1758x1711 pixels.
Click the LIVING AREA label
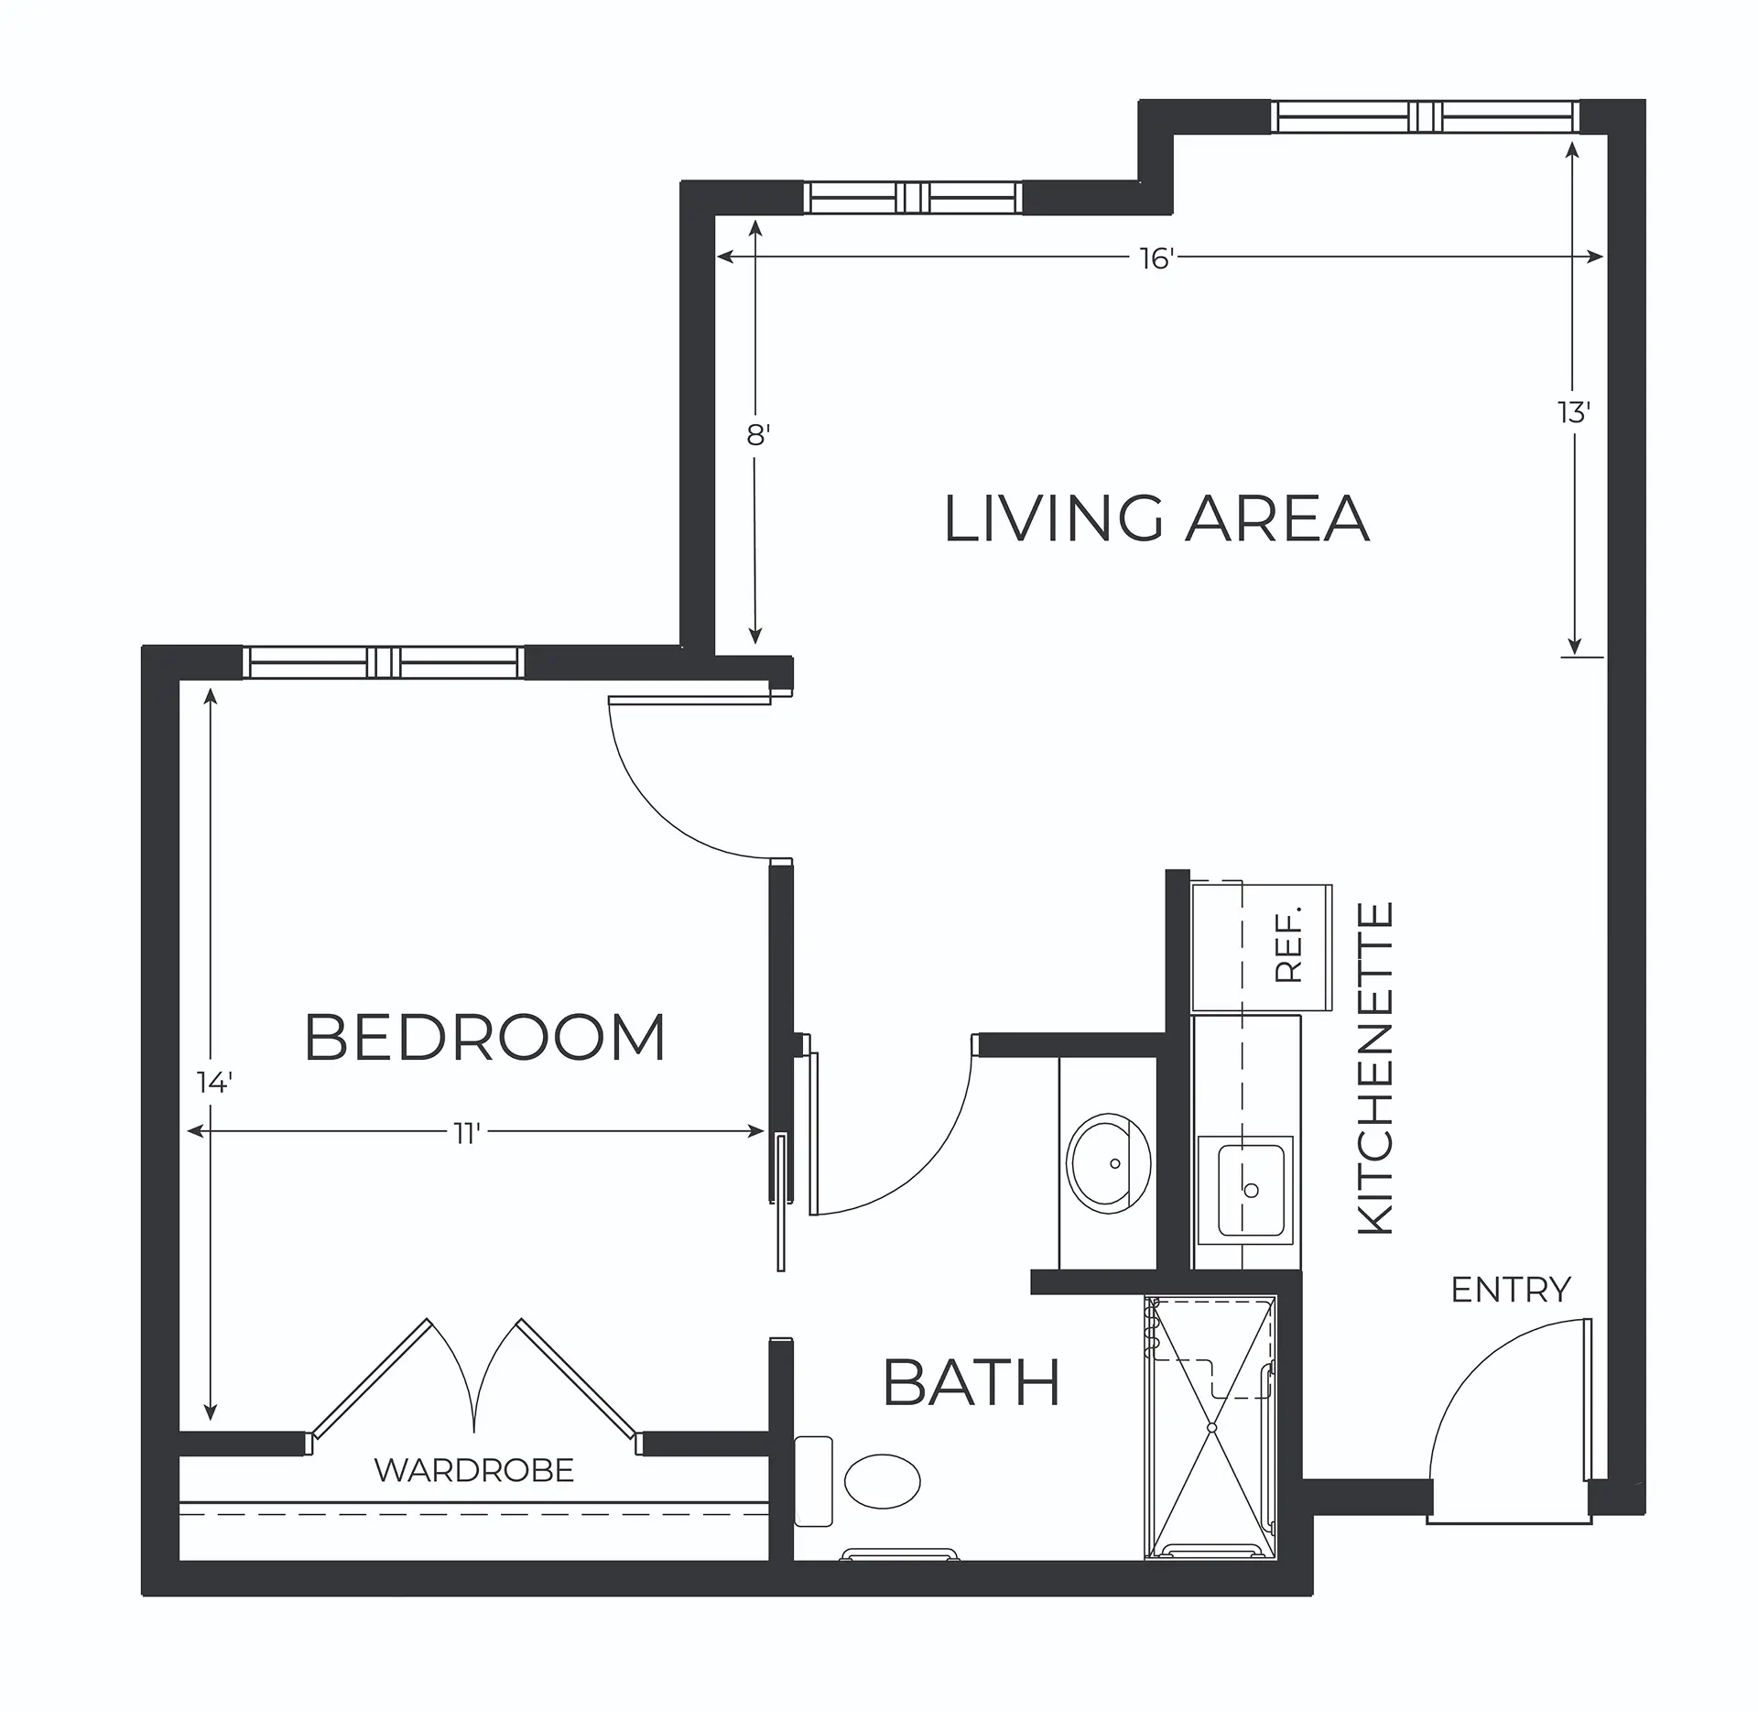point(1156,518)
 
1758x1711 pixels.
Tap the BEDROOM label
point(484,1038)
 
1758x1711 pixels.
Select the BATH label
point(971,1383)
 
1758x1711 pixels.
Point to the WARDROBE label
point(474,1471)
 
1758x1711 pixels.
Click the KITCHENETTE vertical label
point(1374,1069)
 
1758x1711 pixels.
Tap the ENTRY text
point(1511,1291)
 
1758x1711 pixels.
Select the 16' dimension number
point(1156,259)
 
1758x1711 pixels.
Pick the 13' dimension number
point(1574,413)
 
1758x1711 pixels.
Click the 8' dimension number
point(756,435)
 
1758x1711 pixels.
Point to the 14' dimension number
point(214,1083)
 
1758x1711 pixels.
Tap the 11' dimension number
point(467,1134)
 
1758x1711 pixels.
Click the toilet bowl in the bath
point(882,1481)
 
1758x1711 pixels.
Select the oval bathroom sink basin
point(1110,1164)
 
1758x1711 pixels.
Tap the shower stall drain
point(1211,1454)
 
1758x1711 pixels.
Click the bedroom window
point(384,661)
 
